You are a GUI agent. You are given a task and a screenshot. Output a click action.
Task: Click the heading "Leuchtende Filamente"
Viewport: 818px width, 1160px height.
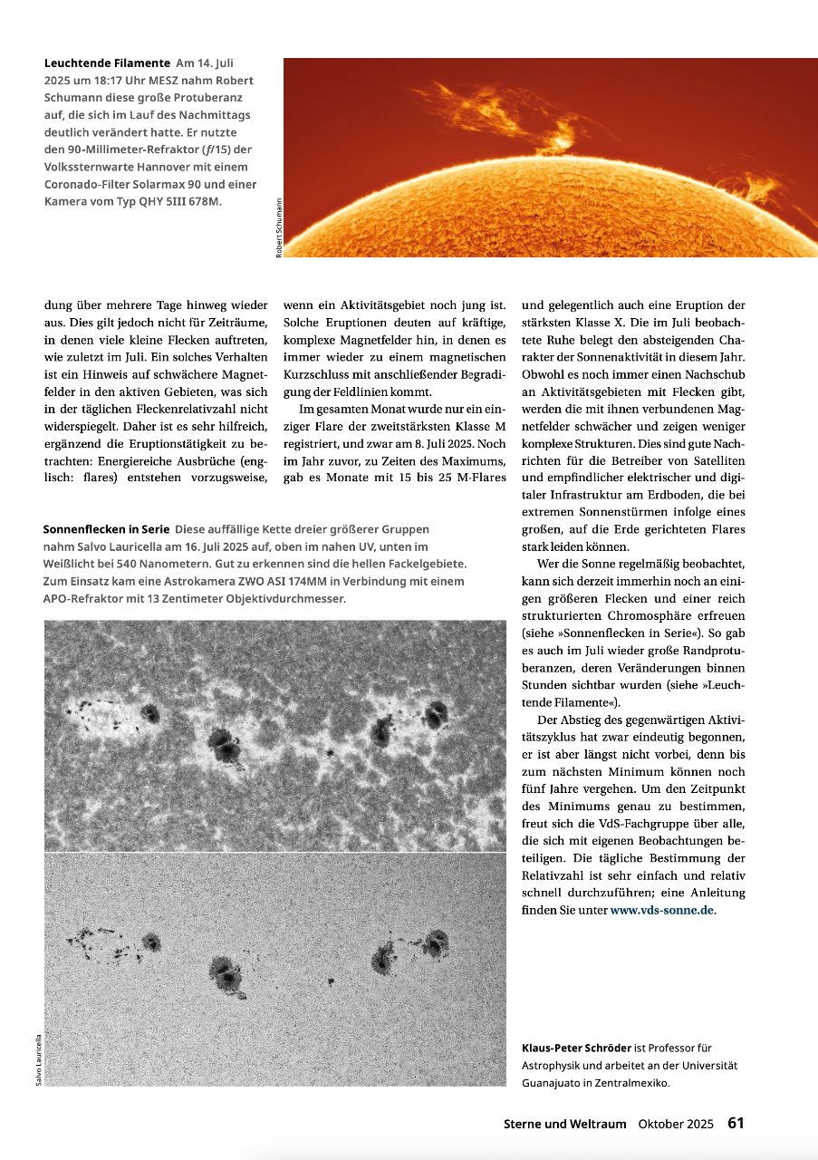click(x=107, y=63)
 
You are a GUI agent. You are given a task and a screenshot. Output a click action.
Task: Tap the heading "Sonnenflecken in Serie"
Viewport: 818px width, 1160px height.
click(x=105, y=529)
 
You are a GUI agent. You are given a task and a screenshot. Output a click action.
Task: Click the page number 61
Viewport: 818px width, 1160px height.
click(x=736, y=1123)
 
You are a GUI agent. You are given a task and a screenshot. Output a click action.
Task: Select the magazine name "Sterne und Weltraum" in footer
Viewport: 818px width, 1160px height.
click(x=564, y=1124)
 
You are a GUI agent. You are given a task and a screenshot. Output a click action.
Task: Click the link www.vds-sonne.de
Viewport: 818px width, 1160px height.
click(x=662, y=910)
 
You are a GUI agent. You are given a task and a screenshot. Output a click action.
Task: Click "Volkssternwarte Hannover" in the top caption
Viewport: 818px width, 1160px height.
click(x=120, y=167)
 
